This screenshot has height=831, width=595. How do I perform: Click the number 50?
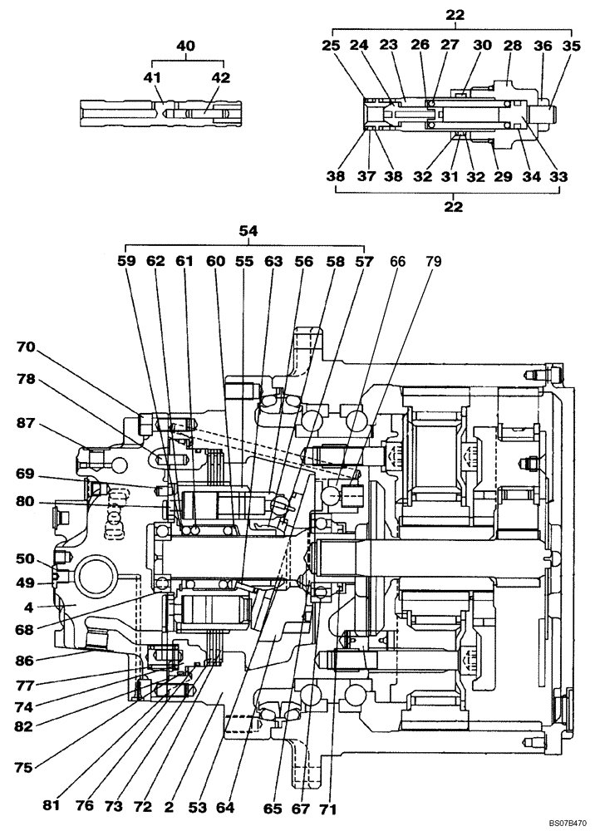(x=25, y=559)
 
